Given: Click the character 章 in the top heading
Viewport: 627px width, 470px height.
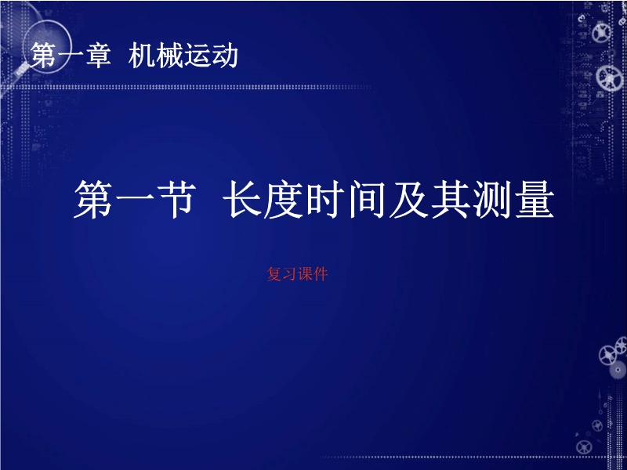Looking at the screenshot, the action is pos(98,55).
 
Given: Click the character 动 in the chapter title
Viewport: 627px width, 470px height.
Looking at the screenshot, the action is pos(225,55).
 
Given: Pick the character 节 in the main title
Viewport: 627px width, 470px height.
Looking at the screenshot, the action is pos(176,199).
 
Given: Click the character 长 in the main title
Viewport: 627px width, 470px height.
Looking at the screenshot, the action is pos(242,199).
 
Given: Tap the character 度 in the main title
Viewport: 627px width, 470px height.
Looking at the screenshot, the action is pos(284,199).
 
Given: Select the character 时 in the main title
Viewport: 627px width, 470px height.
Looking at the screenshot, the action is pos(325,199).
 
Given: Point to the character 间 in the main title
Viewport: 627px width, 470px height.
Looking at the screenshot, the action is pos(367,199).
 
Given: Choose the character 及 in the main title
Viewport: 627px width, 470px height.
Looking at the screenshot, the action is pos(408,199).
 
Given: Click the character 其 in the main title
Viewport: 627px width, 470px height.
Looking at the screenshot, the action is pos(450,199).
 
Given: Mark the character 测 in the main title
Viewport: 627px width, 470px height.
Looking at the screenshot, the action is pos(492,199).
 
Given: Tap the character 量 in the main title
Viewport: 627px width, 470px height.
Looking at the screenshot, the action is pos(535,199).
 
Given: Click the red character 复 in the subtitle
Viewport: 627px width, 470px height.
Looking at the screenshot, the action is pos(274,274).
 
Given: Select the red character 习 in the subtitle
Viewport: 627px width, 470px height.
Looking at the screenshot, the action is pos(289,274).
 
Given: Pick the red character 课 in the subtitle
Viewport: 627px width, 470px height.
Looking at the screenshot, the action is pos(305,274).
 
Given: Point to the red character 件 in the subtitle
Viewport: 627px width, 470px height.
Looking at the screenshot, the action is pos(321,274).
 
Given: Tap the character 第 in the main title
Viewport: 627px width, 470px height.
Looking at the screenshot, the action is pos(93,199).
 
